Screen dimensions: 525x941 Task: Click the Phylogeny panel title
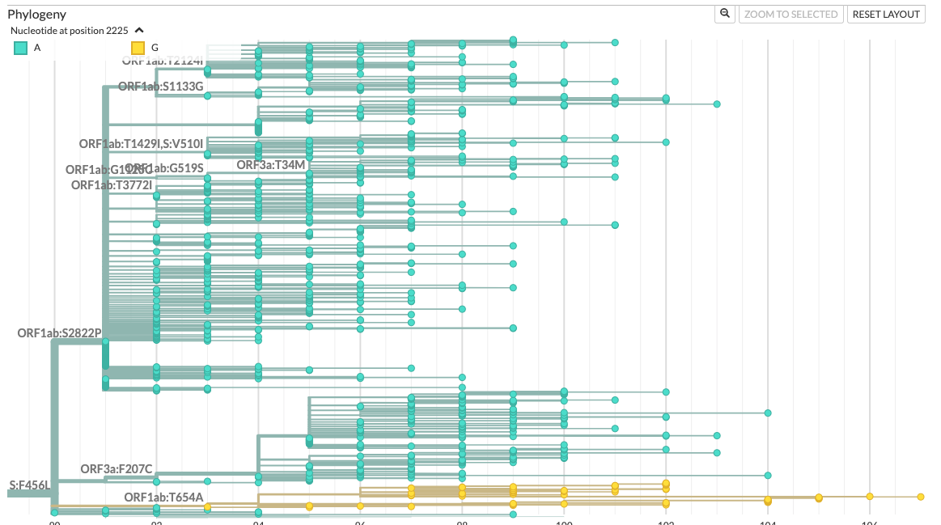37,15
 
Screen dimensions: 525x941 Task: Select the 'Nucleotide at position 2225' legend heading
70,31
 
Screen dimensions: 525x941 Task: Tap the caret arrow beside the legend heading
139,31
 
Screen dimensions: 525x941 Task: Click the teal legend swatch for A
21,49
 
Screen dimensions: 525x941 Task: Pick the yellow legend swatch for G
138,49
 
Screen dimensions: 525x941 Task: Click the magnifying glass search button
725,14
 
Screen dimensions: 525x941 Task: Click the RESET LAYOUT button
886,14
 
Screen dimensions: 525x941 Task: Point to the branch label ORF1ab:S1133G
161,87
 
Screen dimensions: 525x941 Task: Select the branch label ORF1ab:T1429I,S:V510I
141,144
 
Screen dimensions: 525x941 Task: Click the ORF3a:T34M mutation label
270,165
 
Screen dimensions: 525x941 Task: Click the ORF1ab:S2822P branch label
59,333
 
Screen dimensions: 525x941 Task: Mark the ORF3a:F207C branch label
117,469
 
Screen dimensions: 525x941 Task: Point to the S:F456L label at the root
30,485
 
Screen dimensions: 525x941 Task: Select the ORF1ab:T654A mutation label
163,497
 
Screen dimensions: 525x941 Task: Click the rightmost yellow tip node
921,497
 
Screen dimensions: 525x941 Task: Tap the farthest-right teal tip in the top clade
717,104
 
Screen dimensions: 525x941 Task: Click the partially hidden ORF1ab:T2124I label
163,60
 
